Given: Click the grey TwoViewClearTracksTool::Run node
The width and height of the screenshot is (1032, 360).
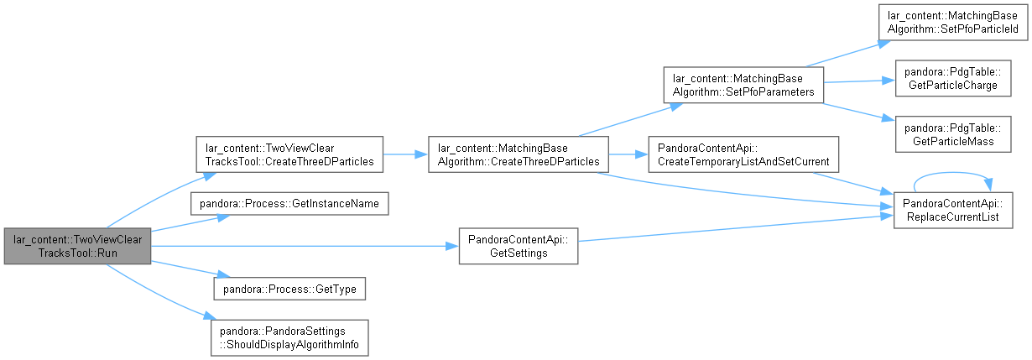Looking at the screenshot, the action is [77, 246].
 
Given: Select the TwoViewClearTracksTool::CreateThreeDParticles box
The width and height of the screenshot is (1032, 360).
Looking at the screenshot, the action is [289, 154].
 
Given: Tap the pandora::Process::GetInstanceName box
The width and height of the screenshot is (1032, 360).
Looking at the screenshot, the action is [289, 204].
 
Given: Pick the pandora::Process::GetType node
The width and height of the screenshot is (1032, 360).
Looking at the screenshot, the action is [289, 289].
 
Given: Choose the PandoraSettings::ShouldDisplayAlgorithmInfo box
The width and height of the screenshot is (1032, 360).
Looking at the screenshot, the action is [289, 338].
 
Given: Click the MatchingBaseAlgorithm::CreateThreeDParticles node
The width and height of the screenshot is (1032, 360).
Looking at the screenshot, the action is [519, 154].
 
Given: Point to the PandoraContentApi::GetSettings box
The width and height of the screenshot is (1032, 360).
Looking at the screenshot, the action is [519, 246].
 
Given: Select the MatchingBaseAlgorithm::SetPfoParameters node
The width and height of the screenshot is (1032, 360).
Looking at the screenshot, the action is [743, 85].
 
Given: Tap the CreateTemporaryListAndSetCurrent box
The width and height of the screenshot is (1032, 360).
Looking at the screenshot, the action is [743, 154].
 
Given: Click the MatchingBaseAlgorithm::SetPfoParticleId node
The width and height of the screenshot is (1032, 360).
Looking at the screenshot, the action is [953, 22].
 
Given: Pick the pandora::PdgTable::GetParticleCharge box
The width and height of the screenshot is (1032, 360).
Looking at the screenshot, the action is [953, 78].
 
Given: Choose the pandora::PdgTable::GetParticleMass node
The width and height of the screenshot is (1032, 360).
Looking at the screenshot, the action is [953, 134].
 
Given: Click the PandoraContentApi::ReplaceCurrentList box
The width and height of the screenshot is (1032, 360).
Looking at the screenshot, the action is [953, 210].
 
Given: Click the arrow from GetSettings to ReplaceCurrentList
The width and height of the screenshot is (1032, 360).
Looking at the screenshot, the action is [736, 228].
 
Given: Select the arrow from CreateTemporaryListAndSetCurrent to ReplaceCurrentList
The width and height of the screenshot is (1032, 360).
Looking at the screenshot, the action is [852, 183].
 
